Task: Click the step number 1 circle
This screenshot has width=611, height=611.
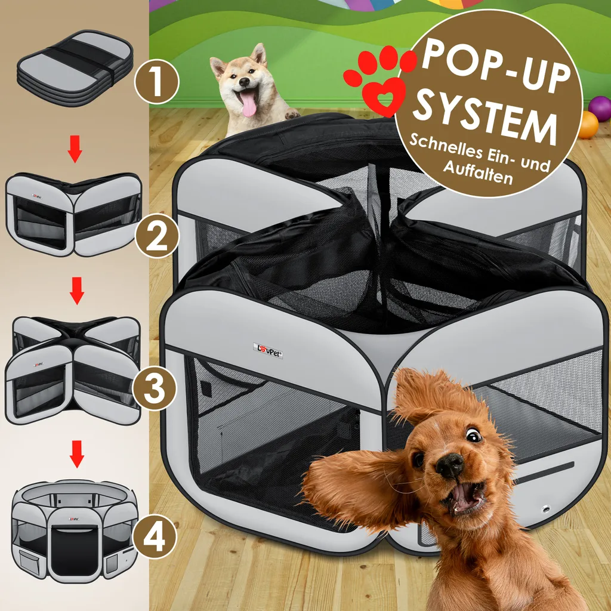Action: (x=157, y=81)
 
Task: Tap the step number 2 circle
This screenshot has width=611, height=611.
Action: (x=157, y=235)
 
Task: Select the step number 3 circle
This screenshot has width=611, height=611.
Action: (x=155, y=388)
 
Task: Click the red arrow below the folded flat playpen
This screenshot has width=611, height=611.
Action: (x=75, y=149)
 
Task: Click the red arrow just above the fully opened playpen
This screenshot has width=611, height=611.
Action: (x=77, y=454)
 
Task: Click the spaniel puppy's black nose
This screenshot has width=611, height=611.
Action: (x=449, y=465)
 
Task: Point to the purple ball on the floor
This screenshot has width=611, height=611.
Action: (x=600, y=109)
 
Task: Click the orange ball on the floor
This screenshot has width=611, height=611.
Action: (x=588, y=125)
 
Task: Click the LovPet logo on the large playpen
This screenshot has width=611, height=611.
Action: (x=268, y=350)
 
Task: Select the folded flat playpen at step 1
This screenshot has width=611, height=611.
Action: (x=75, y=68)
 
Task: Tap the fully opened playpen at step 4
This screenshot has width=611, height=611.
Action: (x=74, y=531)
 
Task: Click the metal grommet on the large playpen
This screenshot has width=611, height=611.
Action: (x=545, y=509)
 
